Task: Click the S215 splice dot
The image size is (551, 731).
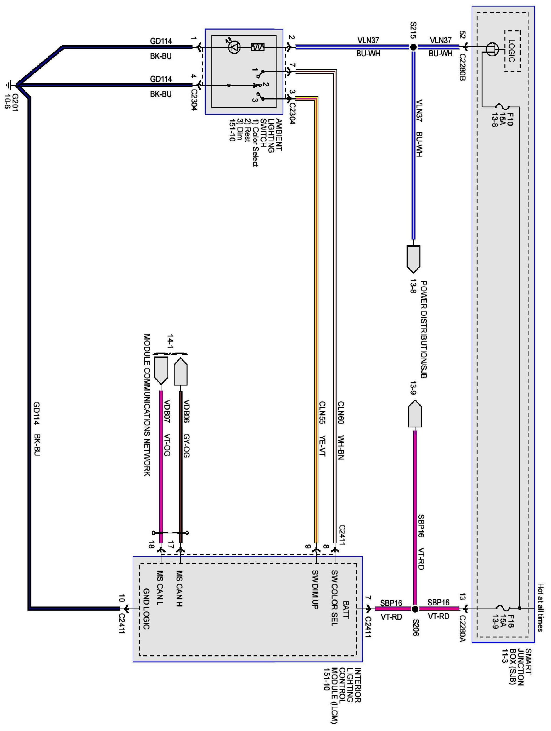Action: point(413,47)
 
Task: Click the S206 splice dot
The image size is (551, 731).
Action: point(415,609)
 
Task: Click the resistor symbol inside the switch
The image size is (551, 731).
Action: point(257,47)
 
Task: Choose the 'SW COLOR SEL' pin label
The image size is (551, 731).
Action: point(334,598)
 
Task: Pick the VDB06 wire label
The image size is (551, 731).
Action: point(186,411)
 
